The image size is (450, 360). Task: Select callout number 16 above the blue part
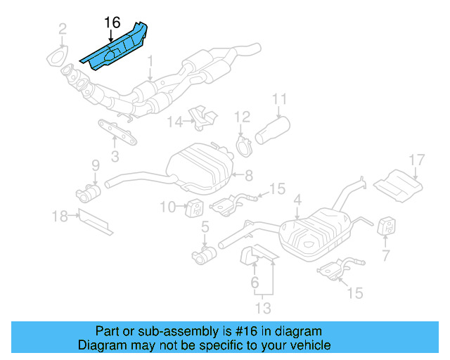point(112,22)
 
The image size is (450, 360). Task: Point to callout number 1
point(150,67)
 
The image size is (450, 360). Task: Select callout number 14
point(175,122)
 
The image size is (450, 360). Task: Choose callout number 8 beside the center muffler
point(248,173)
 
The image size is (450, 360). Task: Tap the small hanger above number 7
point(386,227)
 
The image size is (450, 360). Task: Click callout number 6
point(254,283)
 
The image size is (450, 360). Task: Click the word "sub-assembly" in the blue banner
point(160,331)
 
